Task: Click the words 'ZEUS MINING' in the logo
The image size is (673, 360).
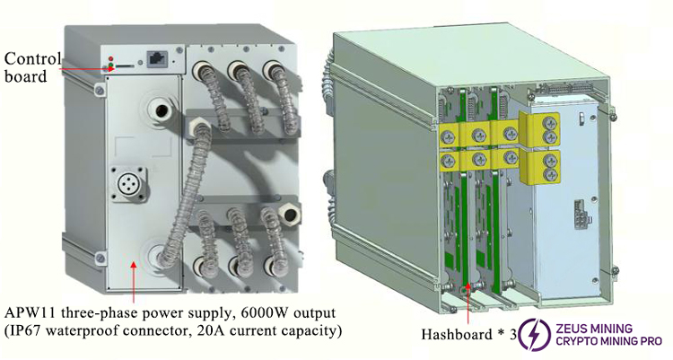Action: (x=596, y=328)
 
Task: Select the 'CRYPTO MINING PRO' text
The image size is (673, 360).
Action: (x=609, y=341)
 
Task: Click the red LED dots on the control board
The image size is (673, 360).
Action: (x=109, y=62)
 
